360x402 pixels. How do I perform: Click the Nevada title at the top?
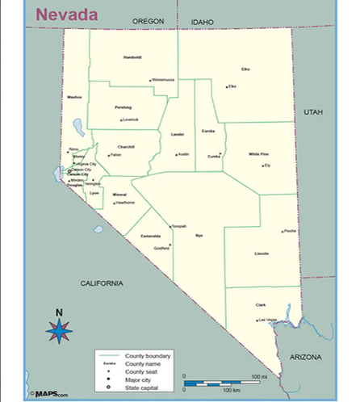coord(67,14)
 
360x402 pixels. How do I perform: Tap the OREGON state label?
coord(148,20)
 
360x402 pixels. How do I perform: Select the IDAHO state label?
coord(202,22)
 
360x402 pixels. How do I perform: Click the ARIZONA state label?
coord(305,356)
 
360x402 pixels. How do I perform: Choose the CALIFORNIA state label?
coord(101,283)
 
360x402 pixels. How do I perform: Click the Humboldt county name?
coord(132,57)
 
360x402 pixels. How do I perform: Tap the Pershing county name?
coord(123,107)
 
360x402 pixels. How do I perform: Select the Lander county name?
coord(178,134)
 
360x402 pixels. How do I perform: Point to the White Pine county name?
coord(258,153)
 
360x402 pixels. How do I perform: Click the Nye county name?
coord(199,235)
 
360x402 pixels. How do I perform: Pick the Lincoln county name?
coord(262,253)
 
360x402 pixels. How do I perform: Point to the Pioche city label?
coord(291,231)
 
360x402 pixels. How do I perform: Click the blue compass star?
coord(59,329)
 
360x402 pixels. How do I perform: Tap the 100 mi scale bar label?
coord(259,376)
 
